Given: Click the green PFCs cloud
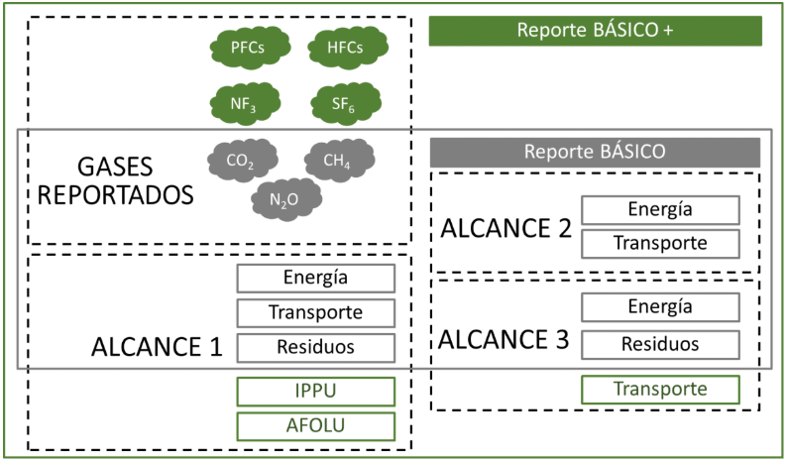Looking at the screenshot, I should click(x=247, y=48).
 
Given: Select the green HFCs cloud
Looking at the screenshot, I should click(x=346, y=48).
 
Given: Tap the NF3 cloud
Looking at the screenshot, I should click(x=247, y=102).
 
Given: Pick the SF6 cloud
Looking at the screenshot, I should click(x=346, y=102).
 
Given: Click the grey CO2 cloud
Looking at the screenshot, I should click(x=242, y=160).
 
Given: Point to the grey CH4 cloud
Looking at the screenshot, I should click(x=339, y=160).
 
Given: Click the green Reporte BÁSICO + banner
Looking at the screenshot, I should click(x=595, y=30).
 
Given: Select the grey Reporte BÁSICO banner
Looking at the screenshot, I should click(x=595, y=152).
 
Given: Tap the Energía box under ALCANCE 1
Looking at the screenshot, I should click(x=315, y=278).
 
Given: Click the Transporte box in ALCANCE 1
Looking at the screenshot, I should click(x=315, y=312).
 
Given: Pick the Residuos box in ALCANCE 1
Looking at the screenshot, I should click(x=315, y=346).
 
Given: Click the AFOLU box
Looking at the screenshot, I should click(x=315, y=426).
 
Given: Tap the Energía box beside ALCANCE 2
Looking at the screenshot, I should click(x=659, y=209).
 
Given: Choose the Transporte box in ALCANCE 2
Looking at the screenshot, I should click(x=659, y=243).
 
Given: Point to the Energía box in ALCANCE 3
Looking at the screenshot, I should click(x=659, y=308).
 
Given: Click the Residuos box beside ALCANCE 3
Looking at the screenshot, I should click(x=659, y=343).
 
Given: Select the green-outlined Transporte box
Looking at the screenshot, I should click(x=659, y=390).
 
